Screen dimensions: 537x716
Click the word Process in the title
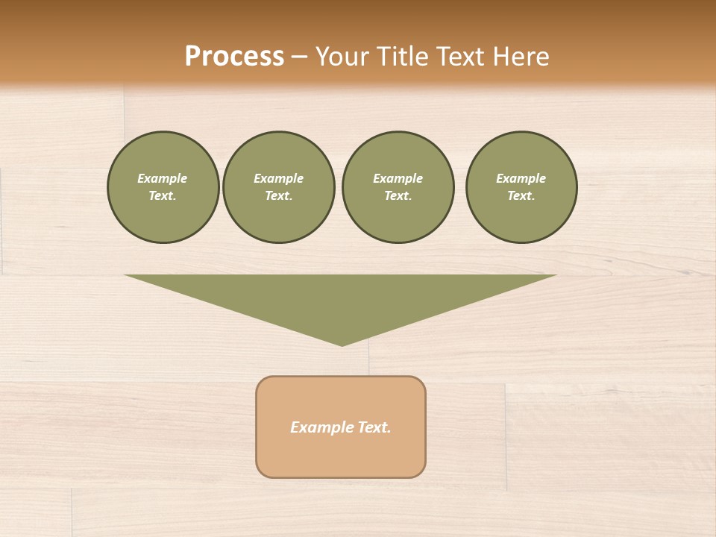234,57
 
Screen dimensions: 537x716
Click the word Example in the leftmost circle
163,178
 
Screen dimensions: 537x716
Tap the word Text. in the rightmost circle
521,196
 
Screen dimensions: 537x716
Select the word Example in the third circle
398,178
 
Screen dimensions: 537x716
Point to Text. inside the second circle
278,196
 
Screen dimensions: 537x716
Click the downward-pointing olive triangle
342,298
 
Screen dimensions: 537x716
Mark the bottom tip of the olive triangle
342,344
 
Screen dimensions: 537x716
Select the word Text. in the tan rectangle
373,427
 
